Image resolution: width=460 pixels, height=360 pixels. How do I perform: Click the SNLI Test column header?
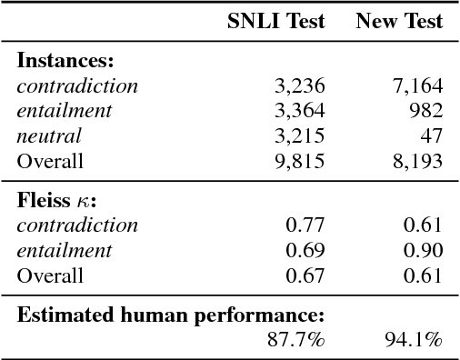point(275,22)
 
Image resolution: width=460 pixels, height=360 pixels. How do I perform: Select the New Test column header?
point(399,22)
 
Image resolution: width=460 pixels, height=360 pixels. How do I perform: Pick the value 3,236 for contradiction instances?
point(299,87)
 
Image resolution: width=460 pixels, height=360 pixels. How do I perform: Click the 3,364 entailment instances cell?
point(299,112)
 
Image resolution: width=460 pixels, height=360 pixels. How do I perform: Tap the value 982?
point(426,112)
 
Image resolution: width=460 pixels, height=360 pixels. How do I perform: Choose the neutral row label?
point(50,137)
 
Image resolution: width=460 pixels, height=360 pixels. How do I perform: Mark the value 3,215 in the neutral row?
point(299,137)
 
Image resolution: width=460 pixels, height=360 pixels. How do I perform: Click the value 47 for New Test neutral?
point(433,137)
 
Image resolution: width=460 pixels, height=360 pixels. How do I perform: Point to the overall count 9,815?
point(299,162)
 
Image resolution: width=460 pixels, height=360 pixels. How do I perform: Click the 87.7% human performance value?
point(299,340)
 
